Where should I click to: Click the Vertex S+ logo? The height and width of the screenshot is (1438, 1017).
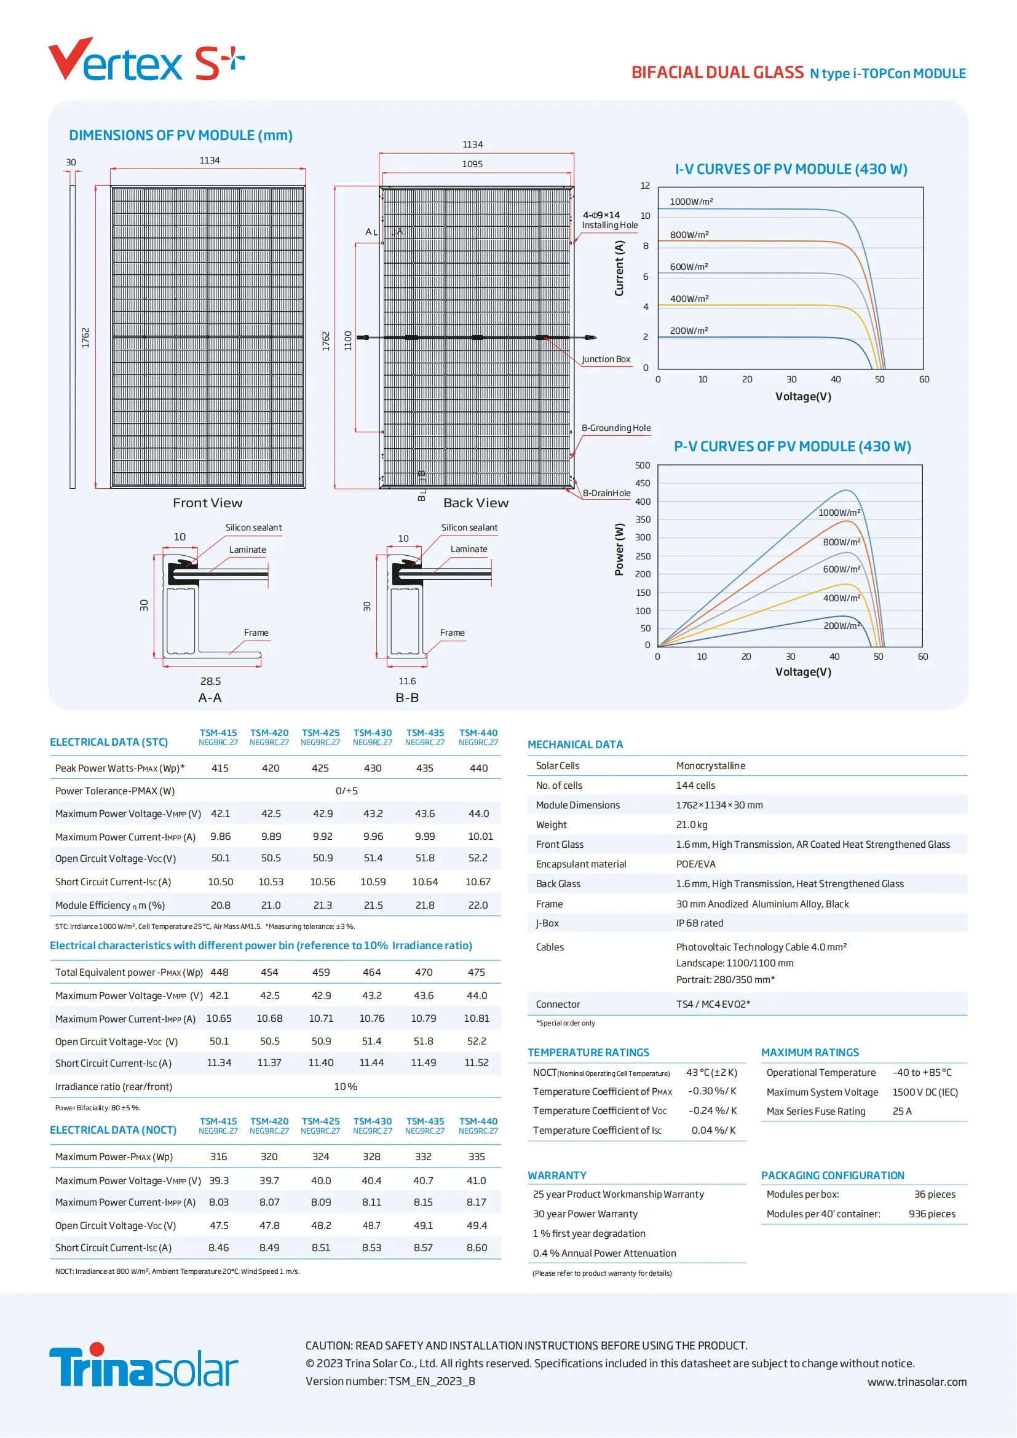[145, 61]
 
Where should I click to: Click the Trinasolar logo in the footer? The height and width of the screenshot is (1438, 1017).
[143, 1365]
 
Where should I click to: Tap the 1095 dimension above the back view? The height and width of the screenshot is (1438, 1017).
[472, 164]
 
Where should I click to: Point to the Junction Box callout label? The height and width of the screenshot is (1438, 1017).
[606, 360]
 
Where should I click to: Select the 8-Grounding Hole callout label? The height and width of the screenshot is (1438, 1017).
[615, 429]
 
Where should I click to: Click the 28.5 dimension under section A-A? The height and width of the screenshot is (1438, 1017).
[210, 681]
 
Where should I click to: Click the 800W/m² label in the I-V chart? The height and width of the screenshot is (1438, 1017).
[689, 235]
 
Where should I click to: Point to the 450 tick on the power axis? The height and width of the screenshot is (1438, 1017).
[643, 483]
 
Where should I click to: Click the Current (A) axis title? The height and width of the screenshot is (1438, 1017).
[619, 269]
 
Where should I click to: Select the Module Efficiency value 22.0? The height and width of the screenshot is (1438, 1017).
[478, 906]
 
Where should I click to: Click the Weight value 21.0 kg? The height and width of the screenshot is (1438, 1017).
[691, 825]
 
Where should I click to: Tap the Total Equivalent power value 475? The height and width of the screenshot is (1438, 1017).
[477, 973]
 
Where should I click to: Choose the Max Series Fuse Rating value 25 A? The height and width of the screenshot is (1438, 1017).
[902, 1112]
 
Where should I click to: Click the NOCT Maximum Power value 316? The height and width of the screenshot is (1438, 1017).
[218, 1158]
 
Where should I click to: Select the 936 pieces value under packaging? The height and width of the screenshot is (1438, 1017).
[932, 1214]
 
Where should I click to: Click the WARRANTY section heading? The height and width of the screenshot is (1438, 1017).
[556, 1175]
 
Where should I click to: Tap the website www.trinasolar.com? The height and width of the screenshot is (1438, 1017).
[917, 1382]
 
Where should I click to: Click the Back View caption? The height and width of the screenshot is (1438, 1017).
[476, 503]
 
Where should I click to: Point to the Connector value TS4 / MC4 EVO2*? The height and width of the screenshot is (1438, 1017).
[713, 1005]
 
